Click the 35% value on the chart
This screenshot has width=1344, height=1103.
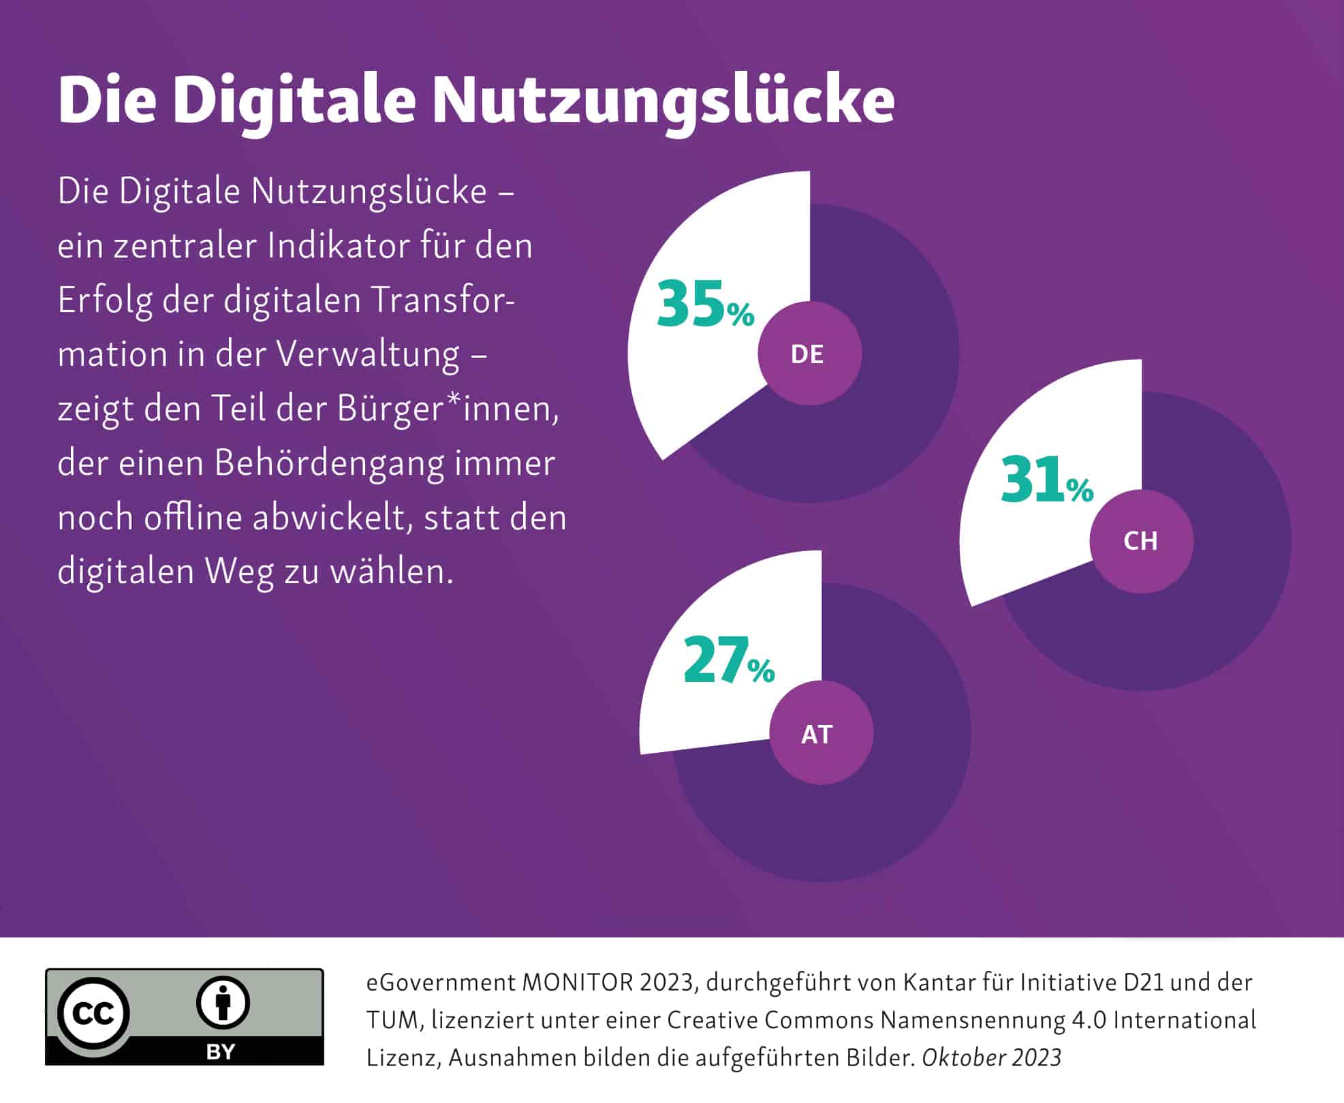point(705,305)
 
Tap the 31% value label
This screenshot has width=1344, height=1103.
point(1046,481)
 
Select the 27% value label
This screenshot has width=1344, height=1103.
point(728,660)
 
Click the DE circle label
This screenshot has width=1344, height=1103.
point(809,354)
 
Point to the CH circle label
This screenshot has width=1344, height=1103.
point(1140,542)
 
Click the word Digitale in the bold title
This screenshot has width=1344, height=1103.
point(293,100)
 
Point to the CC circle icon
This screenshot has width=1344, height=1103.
point(93,1014)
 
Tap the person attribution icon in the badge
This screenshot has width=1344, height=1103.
point(223,1002)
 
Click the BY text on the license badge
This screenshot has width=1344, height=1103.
point(220,1052)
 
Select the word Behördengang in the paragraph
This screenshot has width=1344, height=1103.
point(329,463)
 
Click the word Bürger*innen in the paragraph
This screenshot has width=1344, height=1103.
point(448,409)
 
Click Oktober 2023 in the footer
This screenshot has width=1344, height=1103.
point(991,1057)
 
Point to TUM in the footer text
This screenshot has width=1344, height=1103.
point(394,1021)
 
